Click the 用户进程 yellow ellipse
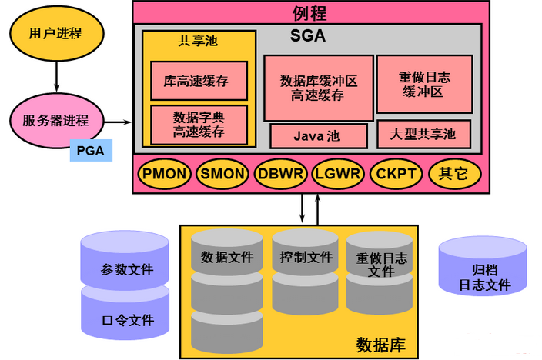click(x=55, y=34)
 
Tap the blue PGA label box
click(x=91, y=149)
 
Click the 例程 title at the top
click(x=309, y=12)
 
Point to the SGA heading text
click(x=308, y=35)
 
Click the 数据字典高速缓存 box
click(x=199, y=125)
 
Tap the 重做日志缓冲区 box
click(x=423, y=84)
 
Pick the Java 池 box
click(x=316, y=136)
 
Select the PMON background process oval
click(x=165, y=173)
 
